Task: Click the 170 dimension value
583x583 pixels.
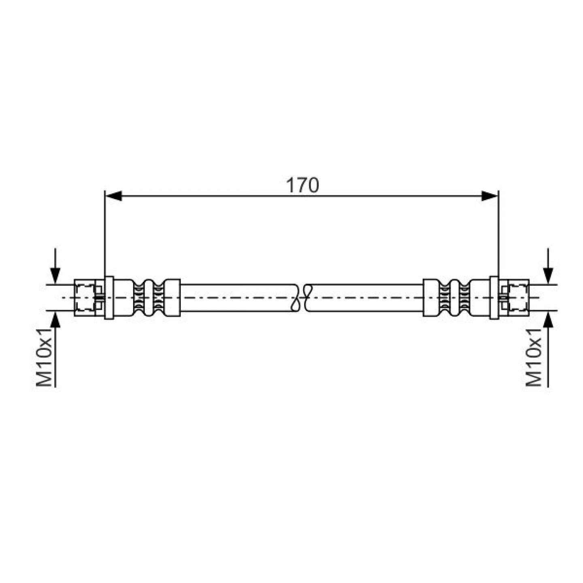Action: (302, 185)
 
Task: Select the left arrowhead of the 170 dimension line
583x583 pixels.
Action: (113, 196)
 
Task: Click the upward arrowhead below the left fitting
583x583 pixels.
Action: (55, 319)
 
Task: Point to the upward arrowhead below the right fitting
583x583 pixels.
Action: (548, 319)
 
